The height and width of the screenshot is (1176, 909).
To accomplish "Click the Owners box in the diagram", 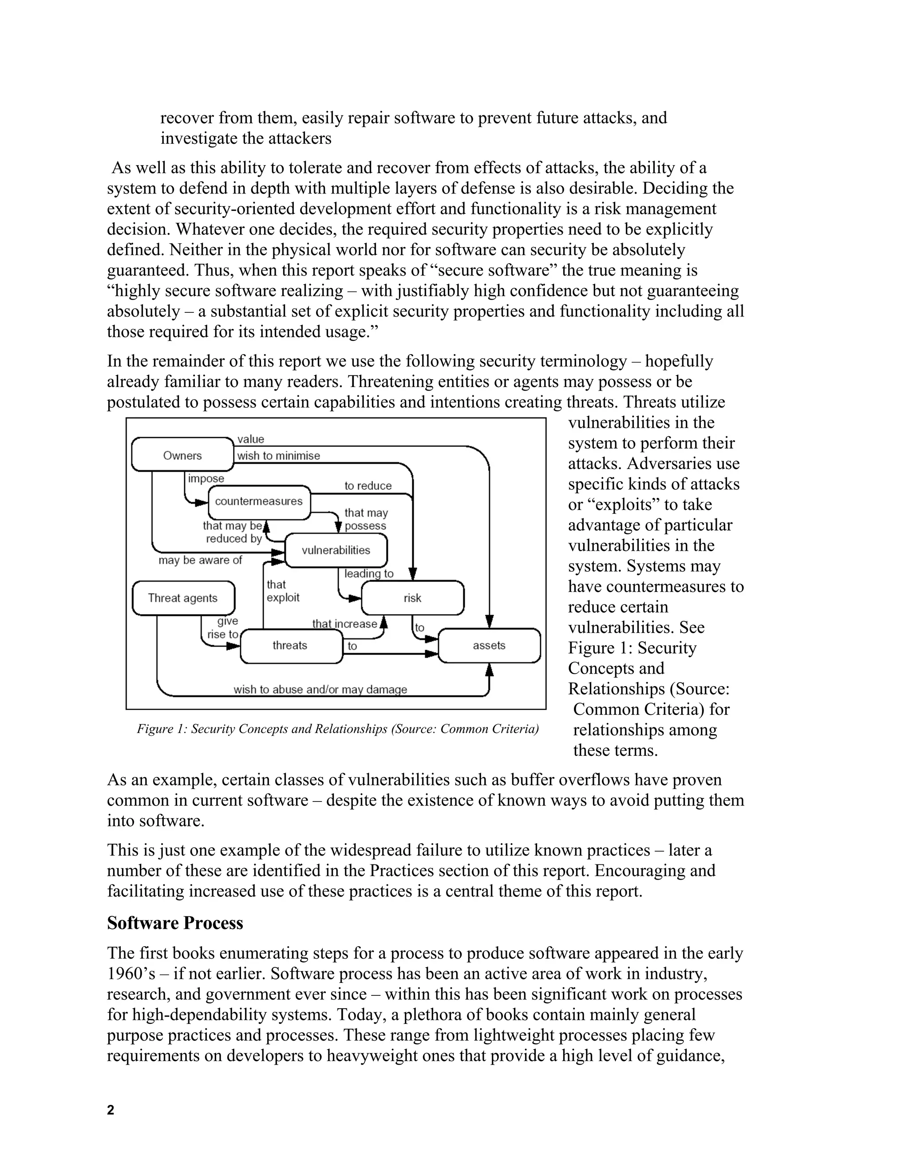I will coord(182,455).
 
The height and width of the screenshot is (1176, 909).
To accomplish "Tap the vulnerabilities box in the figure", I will coord(336,550).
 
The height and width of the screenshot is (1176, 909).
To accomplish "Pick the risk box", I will coord(412,598).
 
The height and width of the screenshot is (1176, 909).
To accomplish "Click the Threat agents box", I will coord(183,598).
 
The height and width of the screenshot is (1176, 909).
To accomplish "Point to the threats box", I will coord(290,645).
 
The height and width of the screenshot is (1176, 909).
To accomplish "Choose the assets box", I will coord(489,645).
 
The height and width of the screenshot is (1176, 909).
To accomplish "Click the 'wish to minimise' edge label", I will coord(278,456).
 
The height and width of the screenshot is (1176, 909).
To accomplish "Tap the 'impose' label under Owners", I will coord(206,478).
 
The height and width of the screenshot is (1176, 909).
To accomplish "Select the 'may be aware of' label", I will coord(200,560).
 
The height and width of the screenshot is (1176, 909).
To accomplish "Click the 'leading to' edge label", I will coord(369,573).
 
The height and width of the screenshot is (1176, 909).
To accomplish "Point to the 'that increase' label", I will coord(344,624).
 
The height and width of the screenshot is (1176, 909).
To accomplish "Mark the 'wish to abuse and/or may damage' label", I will coord(320,689).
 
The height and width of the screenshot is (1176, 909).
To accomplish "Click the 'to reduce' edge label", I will coord(368,485).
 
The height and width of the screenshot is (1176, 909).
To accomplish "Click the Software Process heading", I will coord(175,923).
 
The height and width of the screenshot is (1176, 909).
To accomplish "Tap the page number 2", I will coord(111,1110).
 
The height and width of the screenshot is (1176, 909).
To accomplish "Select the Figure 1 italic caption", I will coord(338,729).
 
